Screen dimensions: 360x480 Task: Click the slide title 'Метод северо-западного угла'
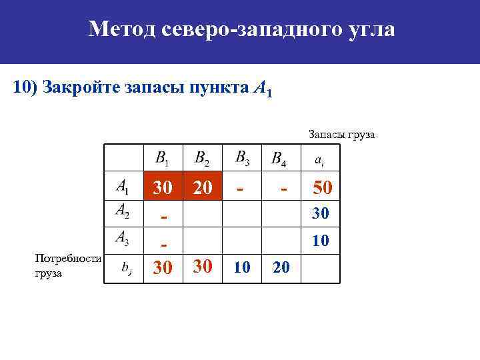(x=241, y=29)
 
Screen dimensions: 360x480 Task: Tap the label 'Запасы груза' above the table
(x=342, y=135)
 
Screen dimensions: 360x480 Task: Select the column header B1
(x=162, y=159)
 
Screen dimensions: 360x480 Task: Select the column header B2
(x=201, y=159)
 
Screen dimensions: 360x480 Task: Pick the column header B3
(x=243, y=158)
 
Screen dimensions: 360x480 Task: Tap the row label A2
(x=123, y=211)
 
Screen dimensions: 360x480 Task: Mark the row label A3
(x=123, y=237)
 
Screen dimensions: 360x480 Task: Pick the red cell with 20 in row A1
(x=203, y=188)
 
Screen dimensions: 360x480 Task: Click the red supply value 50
(x=322, y=188)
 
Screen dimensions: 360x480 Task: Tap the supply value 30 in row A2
(x=321, y=213)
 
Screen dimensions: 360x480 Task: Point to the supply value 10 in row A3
(x=321, y=240)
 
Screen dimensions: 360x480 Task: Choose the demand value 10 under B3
(x=243, y=268)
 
